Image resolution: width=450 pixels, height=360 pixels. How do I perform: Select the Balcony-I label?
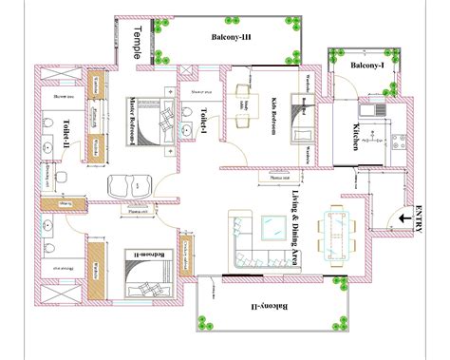coord(366,66)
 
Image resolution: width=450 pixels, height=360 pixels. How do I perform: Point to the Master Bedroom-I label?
coord(133,118)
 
